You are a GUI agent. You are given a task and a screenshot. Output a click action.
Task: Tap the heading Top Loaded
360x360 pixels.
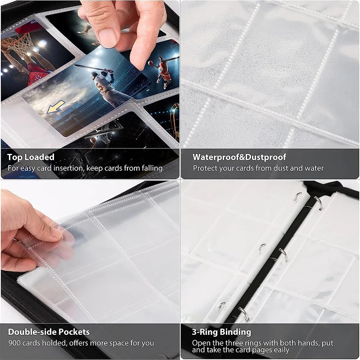(31, 157)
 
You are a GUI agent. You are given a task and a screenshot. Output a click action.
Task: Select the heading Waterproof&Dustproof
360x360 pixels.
(239, 157)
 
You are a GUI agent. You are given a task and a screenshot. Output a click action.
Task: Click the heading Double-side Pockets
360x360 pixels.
(49, 332)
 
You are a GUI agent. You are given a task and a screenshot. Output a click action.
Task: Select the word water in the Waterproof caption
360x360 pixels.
(313, 168)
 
